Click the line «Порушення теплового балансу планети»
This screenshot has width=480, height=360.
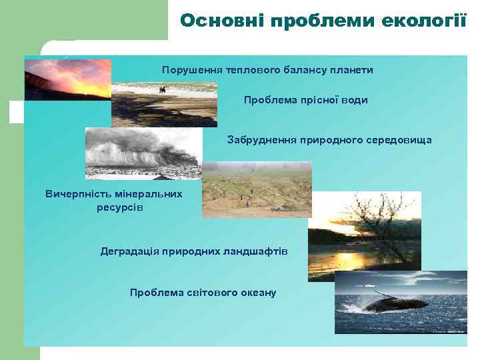[267, 70]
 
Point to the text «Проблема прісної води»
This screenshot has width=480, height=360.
[305, 100]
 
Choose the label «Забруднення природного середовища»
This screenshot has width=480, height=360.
[329, 140]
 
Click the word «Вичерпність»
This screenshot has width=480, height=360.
[76, 194]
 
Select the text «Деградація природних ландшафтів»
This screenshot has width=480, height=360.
[194, 251]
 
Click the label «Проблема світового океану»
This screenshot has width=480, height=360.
[203, 293]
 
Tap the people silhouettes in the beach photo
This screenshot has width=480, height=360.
[162, 90]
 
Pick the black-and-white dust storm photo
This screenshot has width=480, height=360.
[143, 153]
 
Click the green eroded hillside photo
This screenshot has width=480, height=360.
[257, 190]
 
